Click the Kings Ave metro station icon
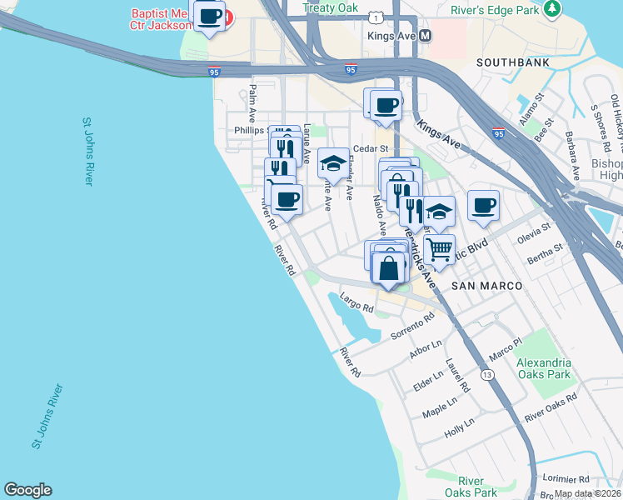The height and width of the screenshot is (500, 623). [x=426, y=36]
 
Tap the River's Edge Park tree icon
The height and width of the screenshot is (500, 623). [x=551, y=8]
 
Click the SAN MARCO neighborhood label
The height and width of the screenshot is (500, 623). [x=486, y=286]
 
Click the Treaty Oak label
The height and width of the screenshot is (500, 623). [x=330, y=7]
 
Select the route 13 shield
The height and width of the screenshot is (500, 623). [x=486, y=375]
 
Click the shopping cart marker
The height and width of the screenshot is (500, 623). [x=439, y=247]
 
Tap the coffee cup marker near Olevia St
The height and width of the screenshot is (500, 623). [x=483, y=205]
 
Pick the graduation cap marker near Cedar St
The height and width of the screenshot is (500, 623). [x=333, y=162]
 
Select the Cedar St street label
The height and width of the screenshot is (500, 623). [x=366, y=148]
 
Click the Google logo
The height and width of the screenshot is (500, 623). [x=27, y=490]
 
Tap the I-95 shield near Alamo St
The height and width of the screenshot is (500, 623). [x=498, y=133]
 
